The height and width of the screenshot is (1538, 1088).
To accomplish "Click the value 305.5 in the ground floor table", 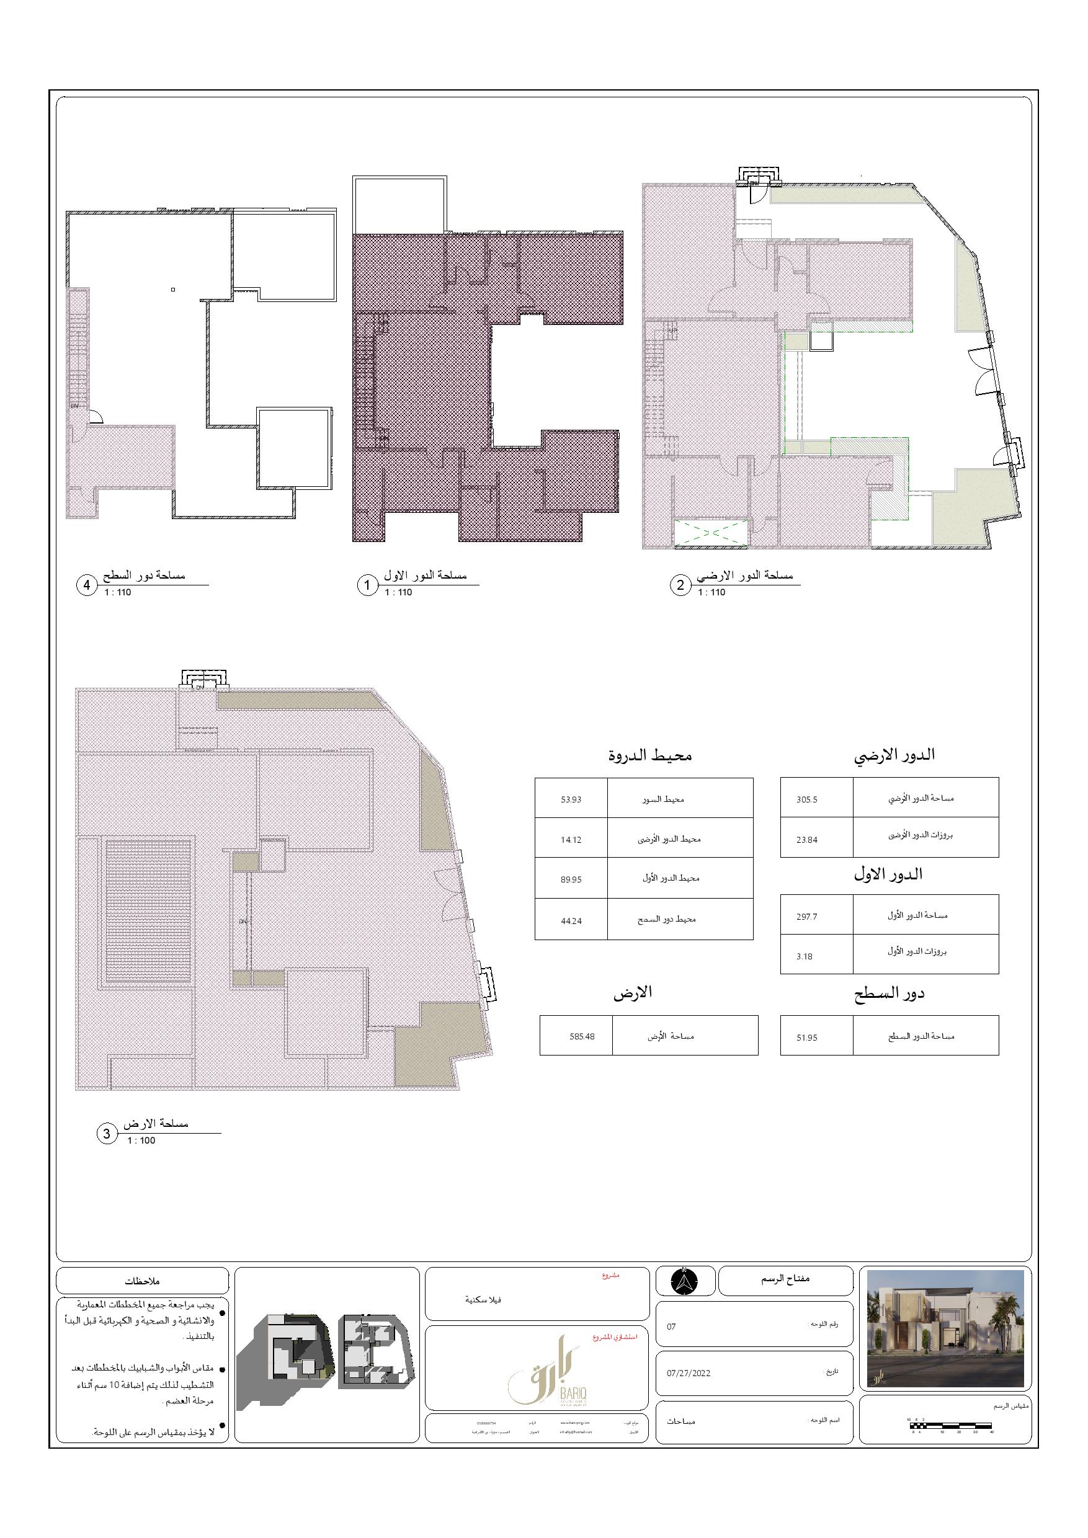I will click(x=806, y=799).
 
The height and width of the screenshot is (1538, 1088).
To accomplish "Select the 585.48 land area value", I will click(x=581, y=1036).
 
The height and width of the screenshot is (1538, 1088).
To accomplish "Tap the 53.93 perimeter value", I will click(x=571, y=799).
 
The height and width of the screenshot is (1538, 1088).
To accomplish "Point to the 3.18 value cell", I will click(x=805, y=956).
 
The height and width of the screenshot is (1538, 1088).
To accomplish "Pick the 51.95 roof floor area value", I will click(x=806, y=1038).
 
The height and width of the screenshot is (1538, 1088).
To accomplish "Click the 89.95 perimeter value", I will click(x=571, y=879).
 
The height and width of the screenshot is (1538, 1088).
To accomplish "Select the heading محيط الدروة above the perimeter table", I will click(x=650, y=755).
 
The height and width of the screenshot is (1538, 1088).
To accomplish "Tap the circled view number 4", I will click(x=86, y=585).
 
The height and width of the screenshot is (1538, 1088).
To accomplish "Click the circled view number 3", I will click(x=107, y=1134).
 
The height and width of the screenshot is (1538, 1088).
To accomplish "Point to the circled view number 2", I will click(x=680, y=585).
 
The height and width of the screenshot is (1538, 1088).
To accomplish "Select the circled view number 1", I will click(x=367, y=585).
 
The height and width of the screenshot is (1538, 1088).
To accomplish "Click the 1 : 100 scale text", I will click(x=141, y=1140).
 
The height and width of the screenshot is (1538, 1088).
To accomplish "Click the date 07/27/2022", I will click(x=688, y=1372).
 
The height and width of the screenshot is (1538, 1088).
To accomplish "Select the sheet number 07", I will click(x=671, y=1327).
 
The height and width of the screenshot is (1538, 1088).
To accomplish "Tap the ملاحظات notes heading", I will click(x=142, y=1281).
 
